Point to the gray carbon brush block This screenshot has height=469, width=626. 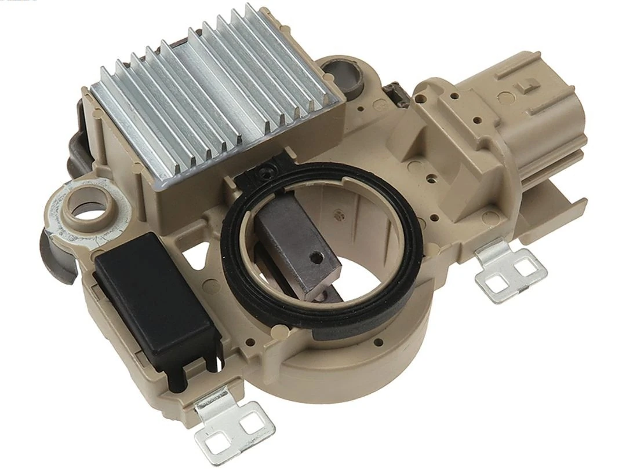tap(296, 243)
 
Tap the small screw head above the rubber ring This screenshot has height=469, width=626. tap(267, 171)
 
